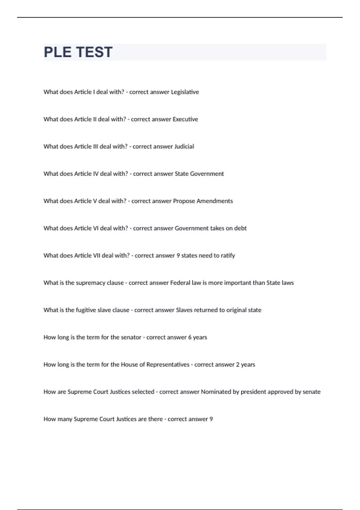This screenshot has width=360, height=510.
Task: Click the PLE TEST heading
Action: click(x=78, y=52)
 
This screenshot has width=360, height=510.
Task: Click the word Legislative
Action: click(x=185, y=92)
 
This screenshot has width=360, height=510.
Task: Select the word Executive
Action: click(x=185, y=119)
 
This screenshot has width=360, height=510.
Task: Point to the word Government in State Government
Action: click(x=207, y=174)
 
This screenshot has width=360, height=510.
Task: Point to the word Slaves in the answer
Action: click(x=184, y=310)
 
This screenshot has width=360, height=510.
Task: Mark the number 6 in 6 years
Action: click(x=190, y=337)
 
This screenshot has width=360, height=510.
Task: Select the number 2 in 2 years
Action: click(x=238, y=365)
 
